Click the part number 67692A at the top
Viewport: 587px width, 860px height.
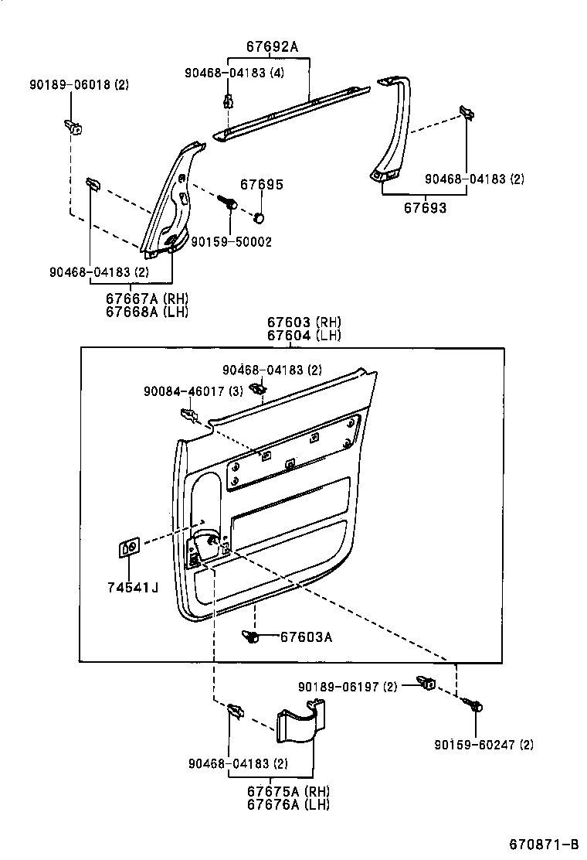click(x=271, y=46)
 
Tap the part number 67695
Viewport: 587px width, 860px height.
click(x=261, y=185)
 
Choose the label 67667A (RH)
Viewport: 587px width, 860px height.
click(x=147, y=299)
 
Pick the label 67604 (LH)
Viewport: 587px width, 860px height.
click(x=304, y=335)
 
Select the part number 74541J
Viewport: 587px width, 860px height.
click(x=133, y=589)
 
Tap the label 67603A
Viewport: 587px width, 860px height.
click(x=306, y=636)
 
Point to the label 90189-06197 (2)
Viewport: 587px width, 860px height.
click(x=348, y=687)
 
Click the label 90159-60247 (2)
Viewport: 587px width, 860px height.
click(x=484, y=745)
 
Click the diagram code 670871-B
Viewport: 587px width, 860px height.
click(x=544, y=843)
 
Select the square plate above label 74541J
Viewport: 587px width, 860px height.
click(x=129, y=549)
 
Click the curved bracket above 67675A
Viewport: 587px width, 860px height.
click(x=302, y=724)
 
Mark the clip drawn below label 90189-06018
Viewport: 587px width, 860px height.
click(x=75, y=126)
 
